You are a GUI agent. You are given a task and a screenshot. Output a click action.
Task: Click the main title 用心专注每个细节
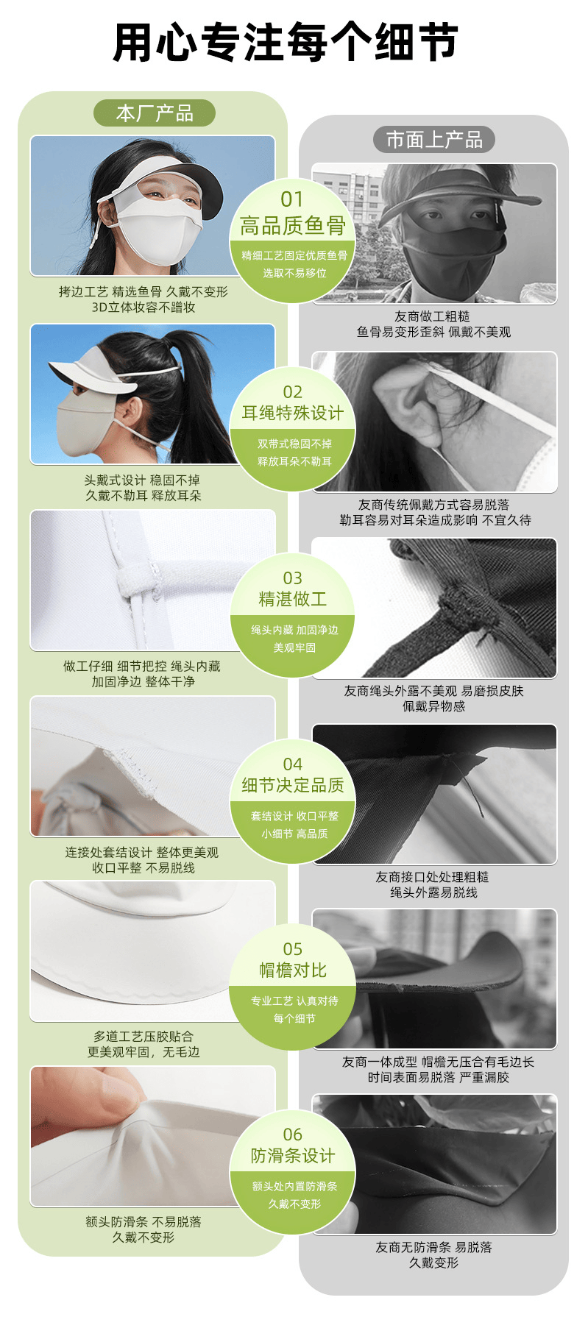(x=286, y=42)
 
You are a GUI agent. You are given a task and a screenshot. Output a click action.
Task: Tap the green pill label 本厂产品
(x=155, y=113)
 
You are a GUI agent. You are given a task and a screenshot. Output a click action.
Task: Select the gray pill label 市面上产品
(x=434, y=140)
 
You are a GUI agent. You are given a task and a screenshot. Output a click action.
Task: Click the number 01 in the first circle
(x=292, y=199)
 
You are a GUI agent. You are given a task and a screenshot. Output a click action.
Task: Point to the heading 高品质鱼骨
(x=293, y=226)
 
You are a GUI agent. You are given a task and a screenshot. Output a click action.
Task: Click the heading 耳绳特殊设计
(x=293, y=413)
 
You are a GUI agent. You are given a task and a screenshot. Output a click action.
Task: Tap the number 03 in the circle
(x=293, y=578)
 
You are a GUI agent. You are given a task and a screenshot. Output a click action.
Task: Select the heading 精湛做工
(x=293, y=599)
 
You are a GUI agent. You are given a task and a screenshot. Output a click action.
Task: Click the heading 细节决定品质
(x=293, y=785)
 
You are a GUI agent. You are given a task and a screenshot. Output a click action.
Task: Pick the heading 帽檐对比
(x=293, y=970)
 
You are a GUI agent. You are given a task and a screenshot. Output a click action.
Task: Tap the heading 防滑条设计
(x=293, y=1155)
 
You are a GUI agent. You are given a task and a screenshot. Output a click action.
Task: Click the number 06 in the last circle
(x=293, y=1135)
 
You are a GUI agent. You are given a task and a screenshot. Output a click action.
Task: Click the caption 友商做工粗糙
(x=433, y=316)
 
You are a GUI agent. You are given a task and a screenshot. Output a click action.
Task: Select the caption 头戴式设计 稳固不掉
(x=142, y=480)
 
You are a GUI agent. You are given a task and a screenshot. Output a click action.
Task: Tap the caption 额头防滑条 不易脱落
(x=144, y=1222)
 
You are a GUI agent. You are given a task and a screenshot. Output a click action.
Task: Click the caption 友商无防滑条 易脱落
(x=434, y=1247)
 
